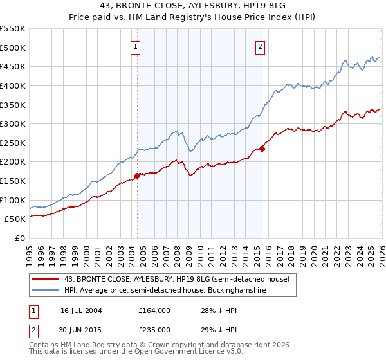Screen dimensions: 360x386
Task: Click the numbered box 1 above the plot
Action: (x=136, y=46)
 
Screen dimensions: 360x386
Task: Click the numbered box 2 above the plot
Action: (x=261, y=46)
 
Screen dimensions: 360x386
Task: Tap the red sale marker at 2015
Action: (x=262, y=148)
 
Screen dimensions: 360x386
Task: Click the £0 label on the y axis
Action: (x=19, y=238)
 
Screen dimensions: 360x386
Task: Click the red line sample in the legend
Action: (x=46, y=280)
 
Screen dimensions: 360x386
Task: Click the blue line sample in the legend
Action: (x=46, y=291)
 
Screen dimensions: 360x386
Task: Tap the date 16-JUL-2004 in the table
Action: (x=82, y=310)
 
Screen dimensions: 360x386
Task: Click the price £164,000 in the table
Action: (x=154, y=310)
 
